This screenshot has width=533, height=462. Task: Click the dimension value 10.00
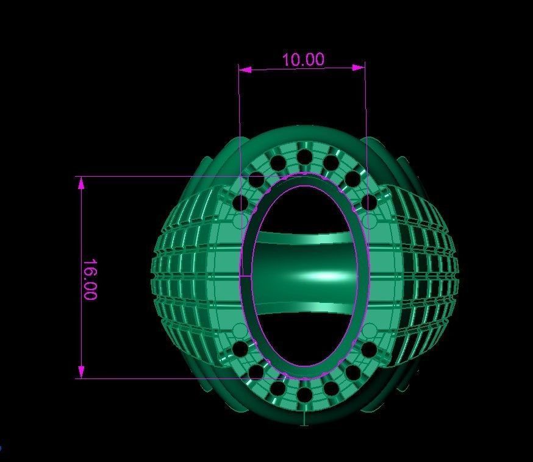[303, 60]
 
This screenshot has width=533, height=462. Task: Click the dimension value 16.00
[90, 280]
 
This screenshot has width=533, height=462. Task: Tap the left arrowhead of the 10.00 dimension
[245, 69]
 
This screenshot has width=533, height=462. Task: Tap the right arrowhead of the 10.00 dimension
[358, 68]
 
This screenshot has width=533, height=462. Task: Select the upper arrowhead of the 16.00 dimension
[81, 183]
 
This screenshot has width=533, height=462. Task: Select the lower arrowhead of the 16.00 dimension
[81, 372]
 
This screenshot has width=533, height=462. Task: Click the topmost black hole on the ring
[304, 157]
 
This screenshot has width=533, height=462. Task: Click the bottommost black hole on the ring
[304, 394]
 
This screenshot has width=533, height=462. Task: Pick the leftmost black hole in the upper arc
[240, 202]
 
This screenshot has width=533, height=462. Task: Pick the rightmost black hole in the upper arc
[369, 202]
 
